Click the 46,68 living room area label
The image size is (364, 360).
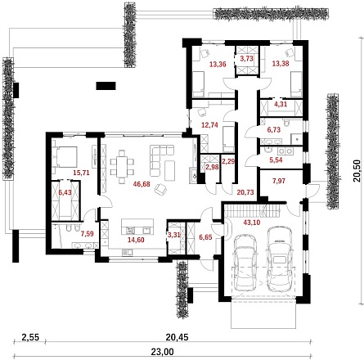tap(142, 184)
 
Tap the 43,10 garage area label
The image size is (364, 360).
tap(252, 223)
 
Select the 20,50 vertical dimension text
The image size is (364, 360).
tap(357, 171)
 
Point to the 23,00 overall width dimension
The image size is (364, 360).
tap(163, 352)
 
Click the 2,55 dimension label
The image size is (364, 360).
tap(30, 337)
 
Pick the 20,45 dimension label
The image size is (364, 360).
tap(177, 337)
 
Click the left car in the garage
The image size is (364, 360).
tap(245, 263)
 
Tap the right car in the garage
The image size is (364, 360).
tap(281, 259)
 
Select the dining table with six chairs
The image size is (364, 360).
tap(122, 166)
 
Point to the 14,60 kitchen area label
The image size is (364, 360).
tap(136, 240)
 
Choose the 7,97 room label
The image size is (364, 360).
tap(279, 181)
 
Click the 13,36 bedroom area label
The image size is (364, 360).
tap(218, 65)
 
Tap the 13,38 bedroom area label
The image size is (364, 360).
tap(281, 64)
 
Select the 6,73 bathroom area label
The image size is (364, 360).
tap(274, 130)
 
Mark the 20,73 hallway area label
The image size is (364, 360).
tap(245, 192)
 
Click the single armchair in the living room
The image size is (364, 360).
tap(161, 189)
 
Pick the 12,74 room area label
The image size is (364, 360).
tap(209, 125)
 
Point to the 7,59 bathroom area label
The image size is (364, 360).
tap(88, 234)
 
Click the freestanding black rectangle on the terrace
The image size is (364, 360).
tap(106, 86)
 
